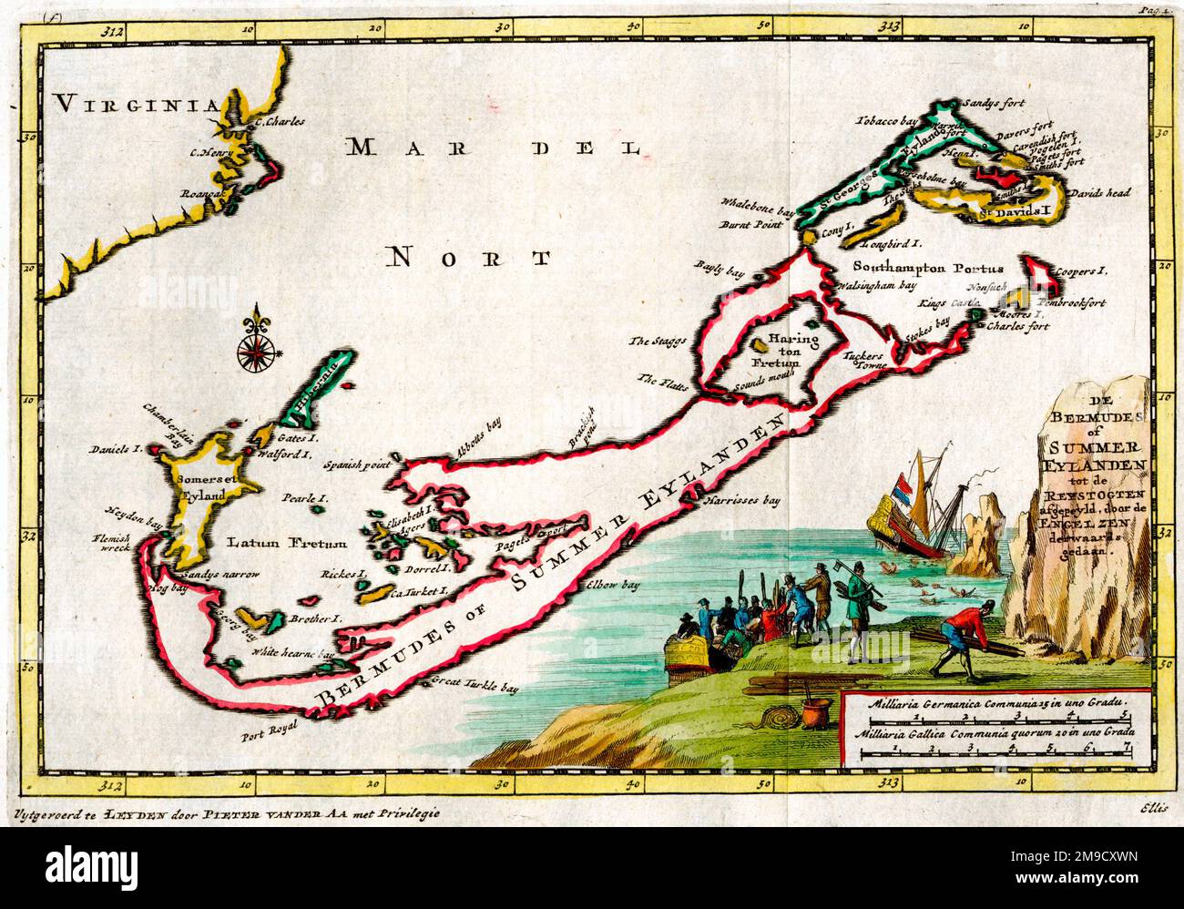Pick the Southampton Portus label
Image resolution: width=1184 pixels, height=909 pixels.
[x=928, y=269]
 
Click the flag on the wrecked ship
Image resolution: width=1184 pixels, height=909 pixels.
[x=907, y=487]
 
